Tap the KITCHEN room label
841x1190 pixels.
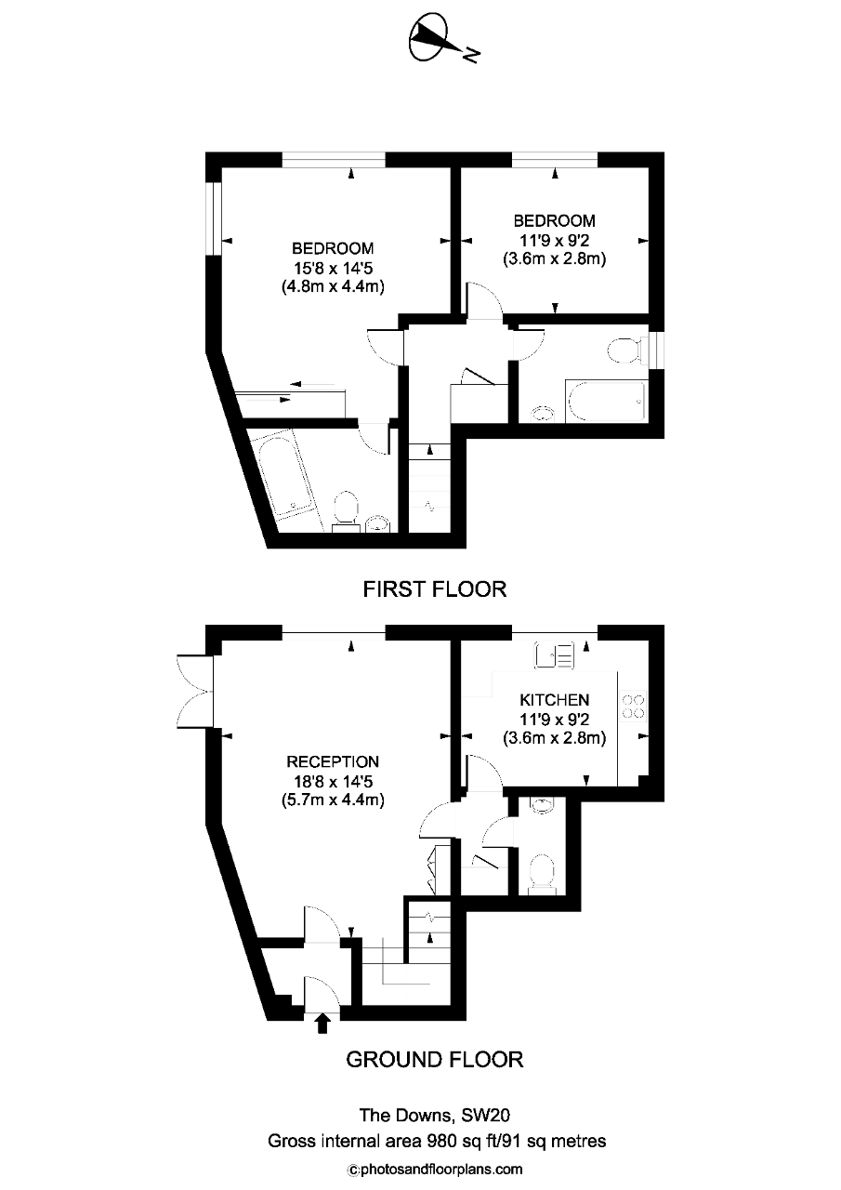click(554, 700)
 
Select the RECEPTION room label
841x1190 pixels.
click(333, 761)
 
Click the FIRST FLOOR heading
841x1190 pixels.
click(434, 589)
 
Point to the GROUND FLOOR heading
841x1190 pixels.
click(434, 1060)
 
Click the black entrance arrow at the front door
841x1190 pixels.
click(322, 1024)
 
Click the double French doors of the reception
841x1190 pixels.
click(195, 692)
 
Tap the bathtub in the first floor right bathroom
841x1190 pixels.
click(606, 401)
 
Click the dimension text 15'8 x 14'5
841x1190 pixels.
click(333, 268)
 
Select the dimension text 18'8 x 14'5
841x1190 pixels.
click(333, 782)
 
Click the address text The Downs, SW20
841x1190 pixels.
click(434, 1115)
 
